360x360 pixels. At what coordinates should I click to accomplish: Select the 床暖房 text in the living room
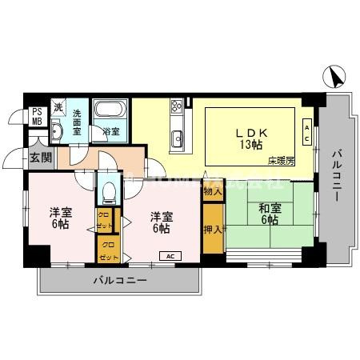[x=281, y=161]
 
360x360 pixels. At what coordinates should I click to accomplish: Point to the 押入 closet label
[x=212, y=229]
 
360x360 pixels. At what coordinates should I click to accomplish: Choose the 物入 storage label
[x=212, y=192]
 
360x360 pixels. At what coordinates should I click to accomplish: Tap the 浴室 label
[x=110, y=131]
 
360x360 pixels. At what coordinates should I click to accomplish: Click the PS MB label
[x=37, y=117]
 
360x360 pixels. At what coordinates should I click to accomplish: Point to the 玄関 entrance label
[x=40, y=158]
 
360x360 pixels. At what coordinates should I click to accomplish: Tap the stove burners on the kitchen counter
[x=176, y=108]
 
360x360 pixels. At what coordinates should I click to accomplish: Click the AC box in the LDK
[x=307, y=130]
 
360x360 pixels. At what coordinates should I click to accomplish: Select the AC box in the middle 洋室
[x=169, y=256]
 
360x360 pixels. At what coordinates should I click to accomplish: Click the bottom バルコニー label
[x=118, y=281]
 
